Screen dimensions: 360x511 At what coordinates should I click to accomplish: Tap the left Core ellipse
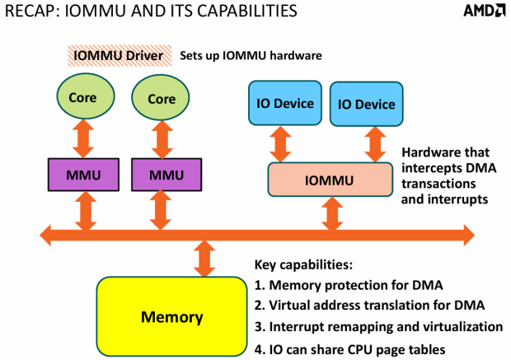[x=82, y=98]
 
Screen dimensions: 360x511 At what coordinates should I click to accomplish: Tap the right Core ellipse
[x=162, y=98]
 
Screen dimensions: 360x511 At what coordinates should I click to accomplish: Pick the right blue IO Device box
[x=363, y=104]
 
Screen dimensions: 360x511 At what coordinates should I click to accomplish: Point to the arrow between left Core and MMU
[x=82, y=138]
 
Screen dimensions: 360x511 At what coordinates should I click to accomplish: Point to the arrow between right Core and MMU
[x=162, y=138]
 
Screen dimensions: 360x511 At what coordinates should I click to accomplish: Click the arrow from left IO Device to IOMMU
[x=282, y=144]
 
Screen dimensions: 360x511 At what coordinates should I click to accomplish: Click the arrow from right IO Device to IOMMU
[x=368, y=144]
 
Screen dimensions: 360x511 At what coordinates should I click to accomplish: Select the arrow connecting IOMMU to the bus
[x=331, y=212]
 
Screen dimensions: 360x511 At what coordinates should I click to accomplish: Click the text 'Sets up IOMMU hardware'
[x=251, y=56]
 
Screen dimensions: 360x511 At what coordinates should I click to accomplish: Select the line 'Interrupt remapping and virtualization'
[x=379, y=326]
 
